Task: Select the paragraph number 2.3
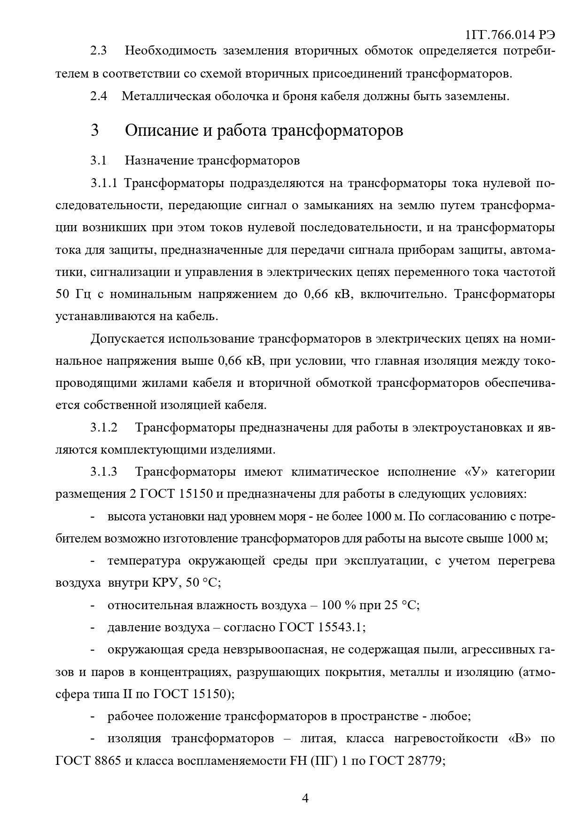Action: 99,51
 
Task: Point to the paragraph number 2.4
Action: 99,96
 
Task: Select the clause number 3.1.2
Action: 104,428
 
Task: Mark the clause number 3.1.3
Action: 104,472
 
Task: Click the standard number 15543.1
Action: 341,628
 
